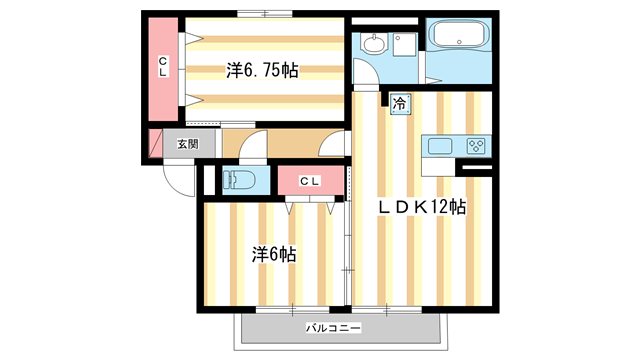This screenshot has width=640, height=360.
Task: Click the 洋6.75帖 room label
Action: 262,71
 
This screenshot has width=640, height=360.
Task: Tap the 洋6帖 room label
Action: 273,254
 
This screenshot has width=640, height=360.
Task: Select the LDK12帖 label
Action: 420,207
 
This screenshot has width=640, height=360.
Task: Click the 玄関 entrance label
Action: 188,144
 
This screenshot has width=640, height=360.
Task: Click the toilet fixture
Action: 240,181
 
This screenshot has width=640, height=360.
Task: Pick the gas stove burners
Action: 475,146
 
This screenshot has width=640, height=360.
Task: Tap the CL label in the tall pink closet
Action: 162,67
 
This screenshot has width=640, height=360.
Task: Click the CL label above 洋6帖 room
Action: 310,181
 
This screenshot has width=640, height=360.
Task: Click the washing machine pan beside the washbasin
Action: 405,46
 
